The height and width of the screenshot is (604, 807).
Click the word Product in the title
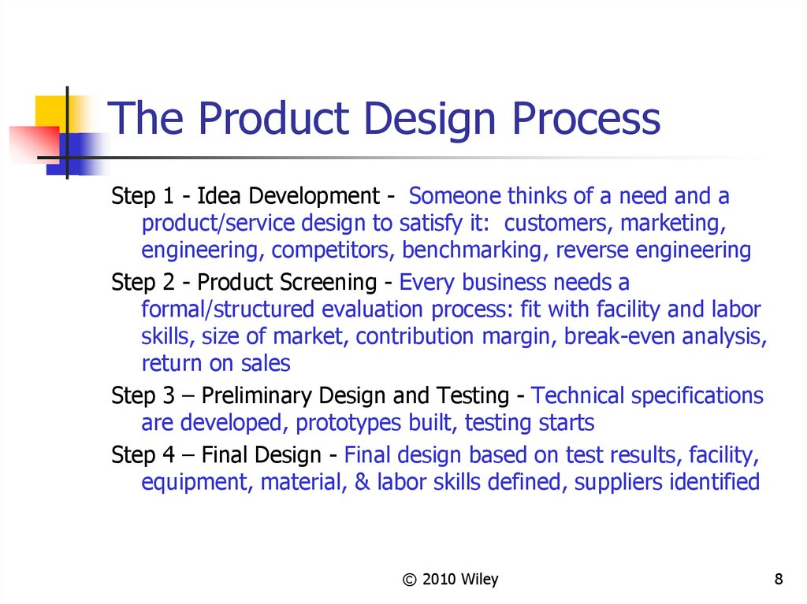point(273,118)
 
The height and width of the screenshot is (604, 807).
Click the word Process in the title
point(586,118)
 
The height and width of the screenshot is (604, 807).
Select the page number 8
point(778,579)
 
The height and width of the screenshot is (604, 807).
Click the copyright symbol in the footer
point(409,580)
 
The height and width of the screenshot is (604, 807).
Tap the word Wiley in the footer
point(480,580)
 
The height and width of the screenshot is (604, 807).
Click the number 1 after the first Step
point(168,196)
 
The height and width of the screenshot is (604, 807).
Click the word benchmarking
point(472,250)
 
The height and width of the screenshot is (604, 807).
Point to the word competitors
point(333,250)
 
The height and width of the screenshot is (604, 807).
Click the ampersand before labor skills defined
point(363,482)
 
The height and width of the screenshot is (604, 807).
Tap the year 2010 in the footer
point(439,580)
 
